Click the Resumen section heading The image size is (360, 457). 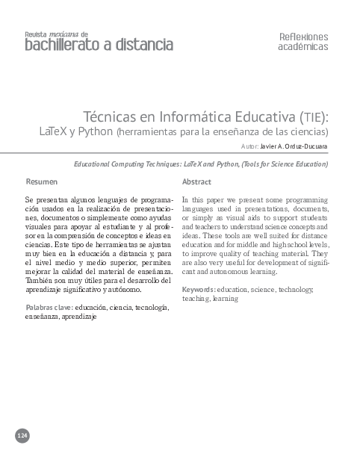[41, 181]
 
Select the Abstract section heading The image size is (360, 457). [196, 181]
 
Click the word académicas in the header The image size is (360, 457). [302, 46]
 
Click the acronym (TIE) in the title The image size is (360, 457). [313, 118]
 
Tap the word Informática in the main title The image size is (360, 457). [201, 117]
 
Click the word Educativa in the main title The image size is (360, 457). [267, 117]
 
